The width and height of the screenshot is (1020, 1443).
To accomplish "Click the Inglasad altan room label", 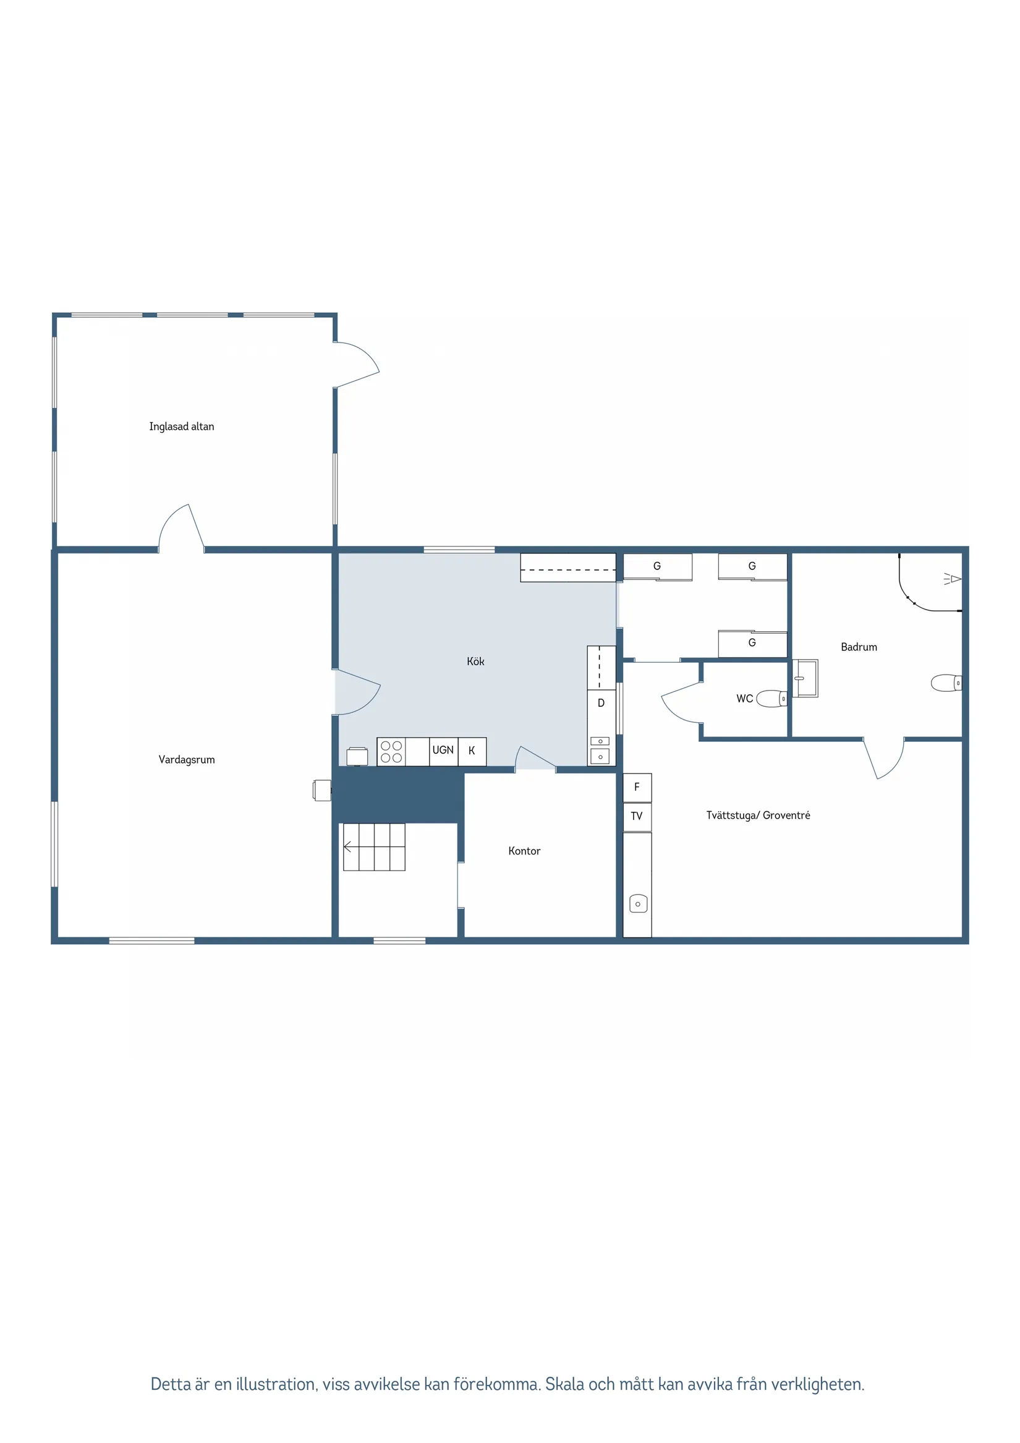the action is click(182, 427).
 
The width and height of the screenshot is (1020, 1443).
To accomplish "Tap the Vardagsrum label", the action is click(187, 760).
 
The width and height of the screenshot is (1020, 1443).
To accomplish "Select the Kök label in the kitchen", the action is click(476, 661).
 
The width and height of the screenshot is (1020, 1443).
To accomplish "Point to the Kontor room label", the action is click(524, 851).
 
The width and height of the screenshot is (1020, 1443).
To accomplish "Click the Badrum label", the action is click(859, 647).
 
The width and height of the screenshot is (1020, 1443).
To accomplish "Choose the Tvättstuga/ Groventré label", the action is click(759, 815).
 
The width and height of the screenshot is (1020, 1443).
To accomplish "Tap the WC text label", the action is click(745, 699).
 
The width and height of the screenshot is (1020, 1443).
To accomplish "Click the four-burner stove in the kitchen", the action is click(391, 752).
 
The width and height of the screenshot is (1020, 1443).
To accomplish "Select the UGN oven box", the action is click(444, 752).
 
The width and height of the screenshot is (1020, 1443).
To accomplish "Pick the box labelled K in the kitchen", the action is click(472, 752).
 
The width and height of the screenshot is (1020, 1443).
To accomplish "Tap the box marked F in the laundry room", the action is click(637, 788).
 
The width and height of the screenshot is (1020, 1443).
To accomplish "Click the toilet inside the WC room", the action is click(771, 699).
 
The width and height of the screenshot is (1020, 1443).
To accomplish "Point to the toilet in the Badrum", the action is click(946, 683).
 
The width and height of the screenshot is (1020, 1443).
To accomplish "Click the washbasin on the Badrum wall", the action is click(805, 678).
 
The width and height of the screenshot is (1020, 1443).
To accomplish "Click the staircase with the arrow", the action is click(374, 847).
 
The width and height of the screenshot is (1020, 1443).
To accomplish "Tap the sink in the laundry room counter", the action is click(639, 904).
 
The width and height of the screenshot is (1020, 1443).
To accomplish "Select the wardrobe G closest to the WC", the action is click(753, 644).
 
